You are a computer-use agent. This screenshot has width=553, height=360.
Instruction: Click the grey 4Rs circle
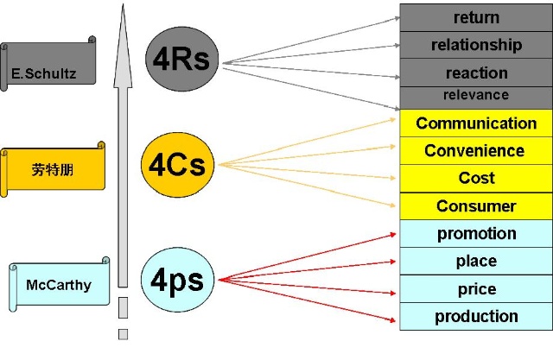tap(183, 61)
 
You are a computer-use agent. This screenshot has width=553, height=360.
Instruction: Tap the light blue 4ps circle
tap(178, 278)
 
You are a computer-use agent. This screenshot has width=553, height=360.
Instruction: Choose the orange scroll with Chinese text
tap(54, 167)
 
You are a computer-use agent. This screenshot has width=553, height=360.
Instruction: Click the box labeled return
tap(475, 17)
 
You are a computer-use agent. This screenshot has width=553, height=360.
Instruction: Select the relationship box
tap(475, 45)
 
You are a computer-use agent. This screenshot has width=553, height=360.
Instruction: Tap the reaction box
tap(475, 73)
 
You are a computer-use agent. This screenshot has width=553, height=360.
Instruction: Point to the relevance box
tap(475, 96)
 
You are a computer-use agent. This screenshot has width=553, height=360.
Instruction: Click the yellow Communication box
tap(475, 123)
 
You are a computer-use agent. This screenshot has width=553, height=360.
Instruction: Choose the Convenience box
tap(475, 151)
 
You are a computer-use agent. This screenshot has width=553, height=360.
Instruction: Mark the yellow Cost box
tap(475, 178)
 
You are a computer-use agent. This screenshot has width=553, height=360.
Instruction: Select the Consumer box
tap(475, 205)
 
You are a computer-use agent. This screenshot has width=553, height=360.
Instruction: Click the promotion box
tap(475, 233)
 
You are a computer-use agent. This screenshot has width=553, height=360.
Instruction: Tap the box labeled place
tap(475, 261)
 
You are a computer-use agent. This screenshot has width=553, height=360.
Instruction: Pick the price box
tap(475, 288)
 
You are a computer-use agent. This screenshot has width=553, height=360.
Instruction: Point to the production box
tap(475, 316)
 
